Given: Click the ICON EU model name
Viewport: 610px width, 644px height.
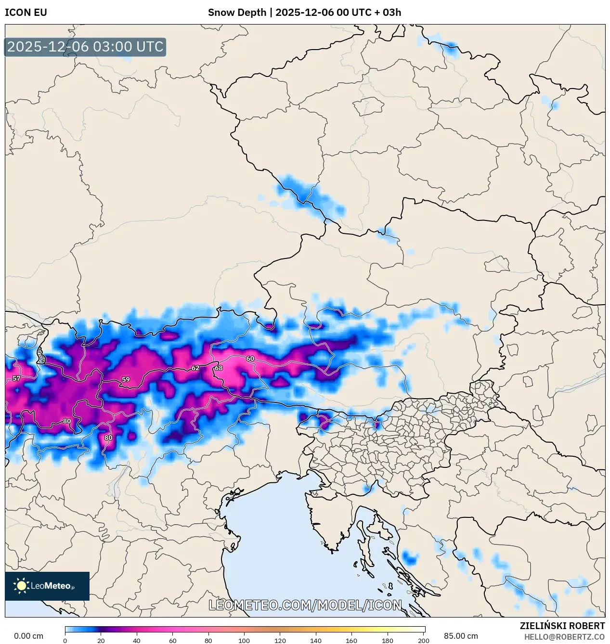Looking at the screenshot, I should (x=26, y=13).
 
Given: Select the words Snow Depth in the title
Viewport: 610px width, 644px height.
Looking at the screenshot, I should (x=237, y=13).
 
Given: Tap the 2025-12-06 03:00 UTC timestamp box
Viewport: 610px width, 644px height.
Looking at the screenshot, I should (x=85, y=47).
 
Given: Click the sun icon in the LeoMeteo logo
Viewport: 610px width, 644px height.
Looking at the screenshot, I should (x=21, y=586).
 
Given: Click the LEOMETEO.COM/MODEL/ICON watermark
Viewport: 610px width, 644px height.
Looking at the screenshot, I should (x=305, y=605).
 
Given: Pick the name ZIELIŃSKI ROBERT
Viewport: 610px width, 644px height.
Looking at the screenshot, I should (x=562, y=626).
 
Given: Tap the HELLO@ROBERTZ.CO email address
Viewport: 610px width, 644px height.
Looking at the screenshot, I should (x=564, y=637).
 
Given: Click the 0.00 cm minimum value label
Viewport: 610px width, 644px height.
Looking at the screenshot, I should (x=28, y=636).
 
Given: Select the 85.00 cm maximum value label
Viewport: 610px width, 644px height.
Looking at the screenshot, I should (x=461, y=636).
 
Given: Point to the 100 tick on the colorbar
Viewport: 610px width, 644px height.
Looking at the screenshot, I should (x=244, y=641).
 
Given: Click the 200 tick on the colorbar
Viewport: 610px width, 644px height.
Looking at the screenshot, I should (x=424, y=641).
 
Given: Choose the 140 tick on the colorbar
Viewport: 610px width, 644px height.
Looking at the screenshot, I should (x=316, y=641).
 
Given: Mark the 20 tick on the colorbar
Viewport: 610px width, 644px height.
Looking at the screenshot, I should (x=101, y=641).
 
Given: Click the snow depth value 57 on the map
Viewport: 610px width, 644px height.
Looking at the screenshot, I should (x=16, y=378).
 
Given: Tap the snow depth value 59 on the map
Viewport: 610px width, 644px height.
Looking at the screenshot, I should (x=126, y=379).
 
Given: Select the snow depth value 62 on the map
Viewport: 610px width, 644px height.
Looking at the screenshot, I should (x=195, y=368).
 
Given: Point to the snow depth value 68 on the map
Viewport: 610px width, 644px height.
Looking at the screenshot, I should (x=219, y=368).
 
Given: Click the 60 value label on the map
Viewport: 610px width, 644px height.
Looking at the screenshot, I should (x=250, y=359).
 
